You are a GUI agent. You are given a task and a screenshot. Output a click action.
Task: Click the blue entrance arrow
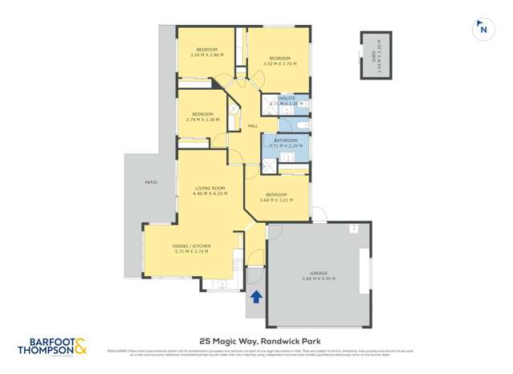pos(256,298)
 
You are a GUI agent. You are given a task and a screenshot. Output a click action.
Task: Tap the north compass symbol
pos(482,30)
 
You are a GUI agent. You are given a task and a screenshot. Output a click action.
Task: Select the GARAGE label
pos(320,273)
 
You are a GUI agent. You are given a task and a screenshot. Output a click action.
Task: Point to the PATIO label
pos(150,183)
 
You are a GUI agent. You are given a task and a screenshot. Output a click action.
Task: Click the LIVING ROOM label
pos(210,188)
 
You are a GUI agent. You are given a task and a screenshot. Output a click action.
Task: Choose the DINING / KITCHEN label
pos(191,246)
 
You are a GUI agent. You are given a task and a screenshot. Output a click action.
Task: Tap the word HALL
pos(252,126)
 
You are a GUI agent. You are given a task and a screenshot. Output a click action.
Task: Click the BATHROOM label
pos(286,140)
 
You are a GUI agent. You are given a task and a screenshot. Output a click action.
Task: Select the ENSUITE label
pos(287,98)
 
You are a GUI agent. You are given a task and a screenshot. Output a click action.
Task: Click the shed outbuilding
pos(376,56)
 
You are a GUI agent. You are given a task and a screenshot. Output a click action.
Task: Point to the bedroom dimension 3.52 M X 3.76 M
pos(279,64)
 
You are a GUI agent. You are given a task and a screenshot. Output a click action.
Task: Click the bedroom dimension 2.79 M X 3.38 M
pos(202,120)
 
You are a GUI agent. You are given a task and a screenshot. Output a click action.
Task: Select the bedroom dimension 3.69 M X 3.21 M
pos(276,200)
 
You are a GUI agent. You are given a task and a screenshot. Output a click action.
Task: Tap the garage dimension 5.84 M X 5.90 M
pos(320,279)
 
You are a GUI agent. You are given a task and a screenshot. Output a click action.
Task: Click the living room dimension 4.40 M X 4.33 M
pos(210,193)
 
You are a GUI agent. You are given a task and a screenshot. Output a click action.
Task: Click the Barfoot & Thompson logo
pos(52,346)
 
